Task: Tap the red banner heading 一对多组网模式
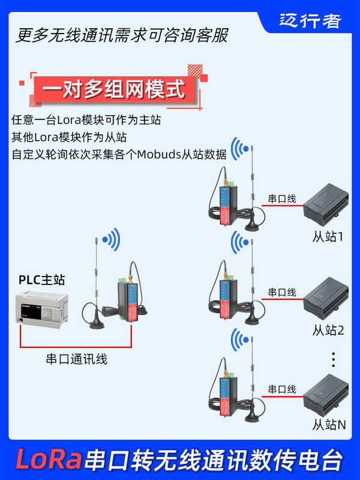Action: click(x=114, y=91)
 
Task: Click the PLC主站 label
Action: click(x=41, y=279)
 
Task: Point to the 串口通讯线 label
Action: click(x=77, y=359)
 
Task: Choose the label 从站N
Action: click(x=329, y=425)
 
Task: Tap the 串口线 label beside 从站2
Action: click(x=281, y=292)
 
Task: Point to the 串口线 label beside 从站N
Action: click(x=281, y=389)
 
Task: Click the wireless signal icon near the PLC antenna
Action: click(x=111, y=241)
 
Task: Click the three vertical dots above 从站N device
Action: click(x=334, y=359)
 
